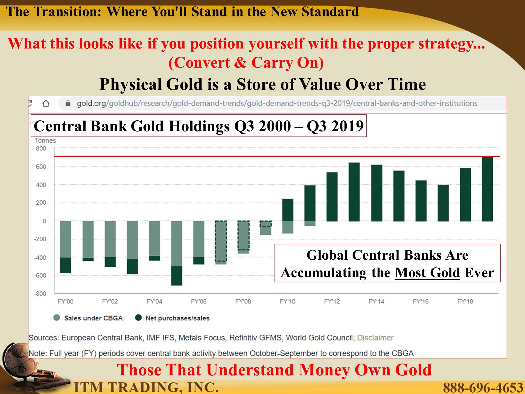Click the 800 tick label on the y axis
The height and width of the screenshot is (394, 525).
tap(41, 149)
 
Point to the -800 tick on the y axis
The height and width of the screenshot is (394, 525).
tap(40, 294)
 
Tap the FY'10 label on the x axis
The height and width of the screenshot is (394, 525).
tap(287, 302)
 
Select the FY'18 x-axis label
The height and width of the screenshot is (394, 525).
tap(465, 302)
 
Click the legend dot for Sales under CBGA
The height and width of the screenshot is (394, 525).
tap(57, 318)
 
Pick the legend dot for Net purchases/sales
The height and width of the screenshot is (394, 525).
tap(138, 318)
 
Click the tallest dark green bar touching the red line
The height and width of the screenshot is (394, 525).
tap(487, 189)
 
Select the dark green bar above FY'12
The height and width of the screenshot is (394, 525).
tap(332, 197)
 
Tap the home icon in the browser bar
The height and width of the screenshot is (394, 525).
tap(46, 103)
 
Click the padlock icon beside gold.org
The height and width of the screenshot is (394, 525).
tap(68, 103)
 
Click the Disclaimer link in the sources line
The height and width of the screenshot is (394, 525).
tap(375, 338)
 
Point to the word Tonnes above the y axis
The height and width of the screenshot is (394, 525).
tap(45, 140)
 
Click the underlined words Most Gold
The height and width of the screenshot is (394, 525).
tap(427, 273)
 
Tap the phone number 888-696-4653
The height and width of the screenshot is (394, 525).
tap(483, 387)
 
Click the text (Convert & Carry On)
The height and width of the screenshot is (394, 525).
tap(246, 63)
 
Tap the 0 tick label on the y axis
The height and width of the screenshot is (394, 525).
tap(44, 221)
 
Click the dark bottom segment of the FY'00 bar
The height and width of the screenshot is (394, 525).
tap(65, 265)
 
